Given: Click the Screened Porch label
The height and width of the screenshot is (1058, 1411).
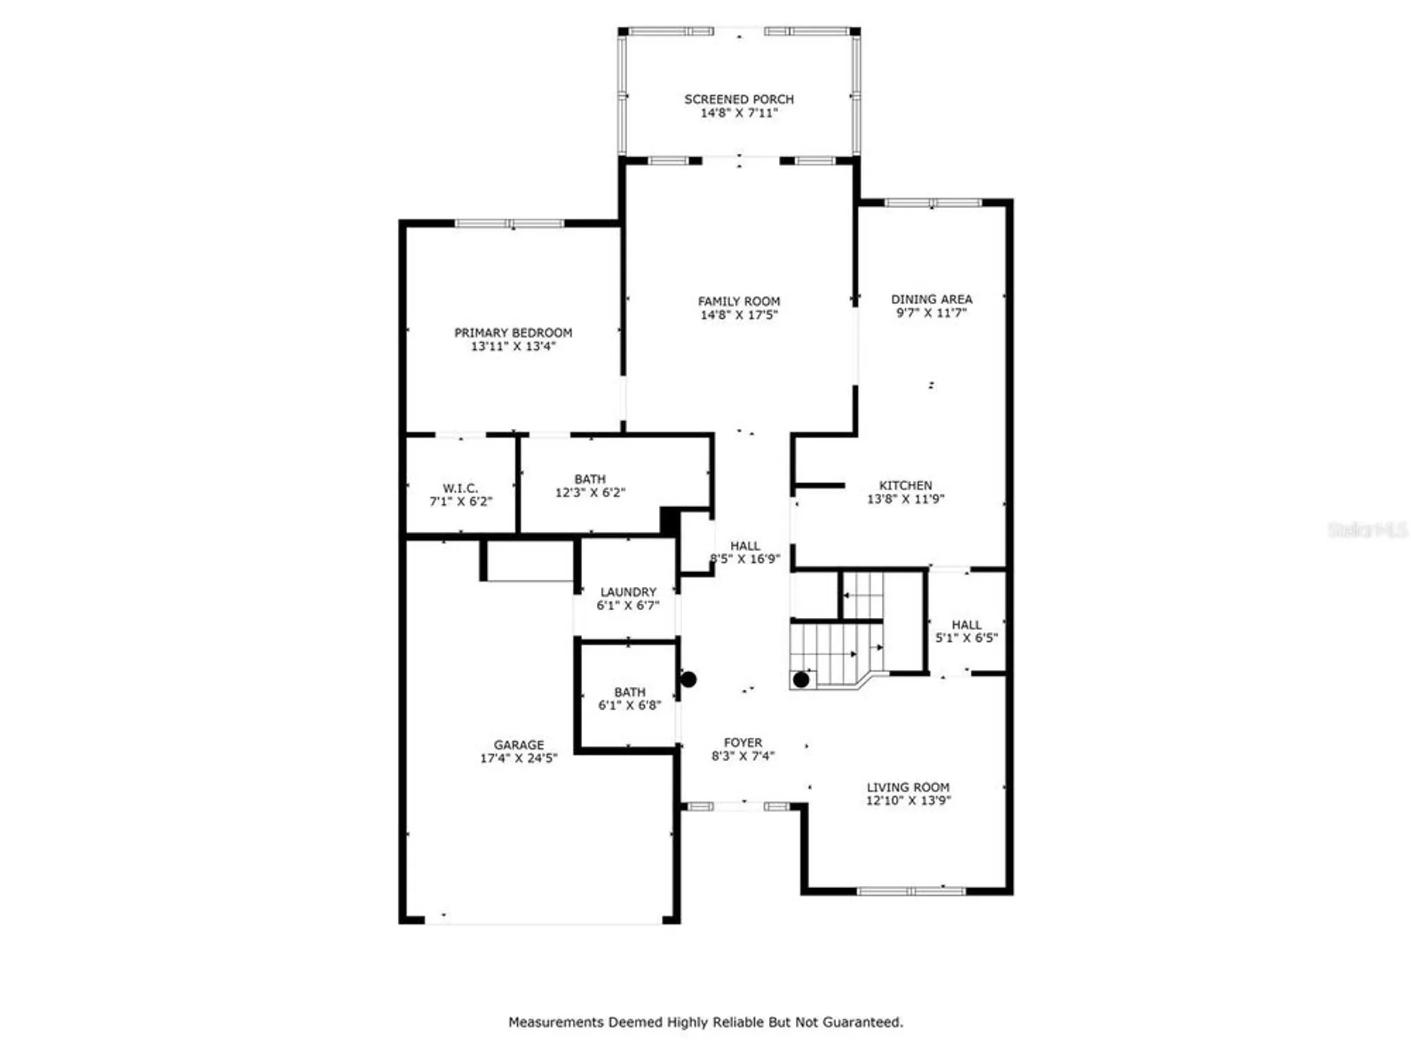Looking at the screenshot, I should coord(739,99).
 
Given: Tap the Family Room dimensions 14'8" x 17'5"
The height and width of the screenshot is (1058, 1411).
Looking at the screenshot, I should coord(739,315).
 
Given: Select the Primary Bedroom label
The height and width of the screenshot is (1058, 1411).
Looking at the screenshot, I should coord(513,332).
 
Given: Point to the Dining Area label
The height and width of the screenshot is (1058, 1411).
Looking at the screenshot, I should coord(931,299).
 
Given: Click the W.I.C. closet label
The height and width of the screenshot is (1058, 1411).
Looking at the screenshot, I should coord(460,488).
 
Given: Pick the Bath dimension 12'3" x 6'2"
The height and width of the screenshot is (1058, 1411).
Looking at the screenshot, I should coord(590,492).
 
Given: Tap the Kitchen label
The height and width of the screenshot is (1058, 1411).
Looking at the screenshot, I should coord(905,485).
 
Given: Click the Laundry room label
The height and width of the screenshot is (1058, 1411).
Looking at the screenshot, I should coord(628,592).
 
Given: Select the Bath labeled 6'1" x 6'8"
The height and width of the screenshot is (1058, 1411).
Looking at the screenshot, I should coord(629,698).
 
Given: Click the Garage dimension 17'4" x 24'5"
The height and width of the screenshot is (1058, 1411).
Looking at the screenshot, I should coord(519,758).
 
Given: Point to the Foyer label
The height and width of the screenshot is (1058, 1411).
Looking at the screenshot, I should coord(743,743).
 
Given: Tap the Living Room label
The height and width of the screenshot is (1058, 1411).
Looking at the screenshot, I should coord(907,787).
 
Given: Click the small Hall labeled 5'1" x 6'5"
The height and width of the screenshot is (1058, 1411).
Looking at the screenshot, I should coord(966,631).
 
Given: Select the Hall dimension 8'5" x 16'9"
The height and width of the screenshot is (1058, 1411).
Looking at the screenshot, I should coord(745,559).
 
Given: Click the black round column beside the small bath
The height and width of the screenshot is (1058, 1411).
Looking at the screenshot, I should coord(689,679).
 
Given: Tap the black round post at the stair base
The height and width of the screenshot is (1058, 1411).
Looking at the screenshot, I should coord(801,680).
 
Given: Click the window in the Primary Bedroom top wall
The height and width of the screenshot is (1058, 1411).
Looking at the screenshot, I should coord(509,224).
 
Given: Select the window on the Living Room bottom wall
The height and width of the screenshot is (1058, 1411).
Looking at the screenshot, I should coord(911,892).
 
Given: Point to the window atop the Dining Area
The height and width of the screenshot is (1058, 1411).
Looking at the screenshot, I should coord(933,203).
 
